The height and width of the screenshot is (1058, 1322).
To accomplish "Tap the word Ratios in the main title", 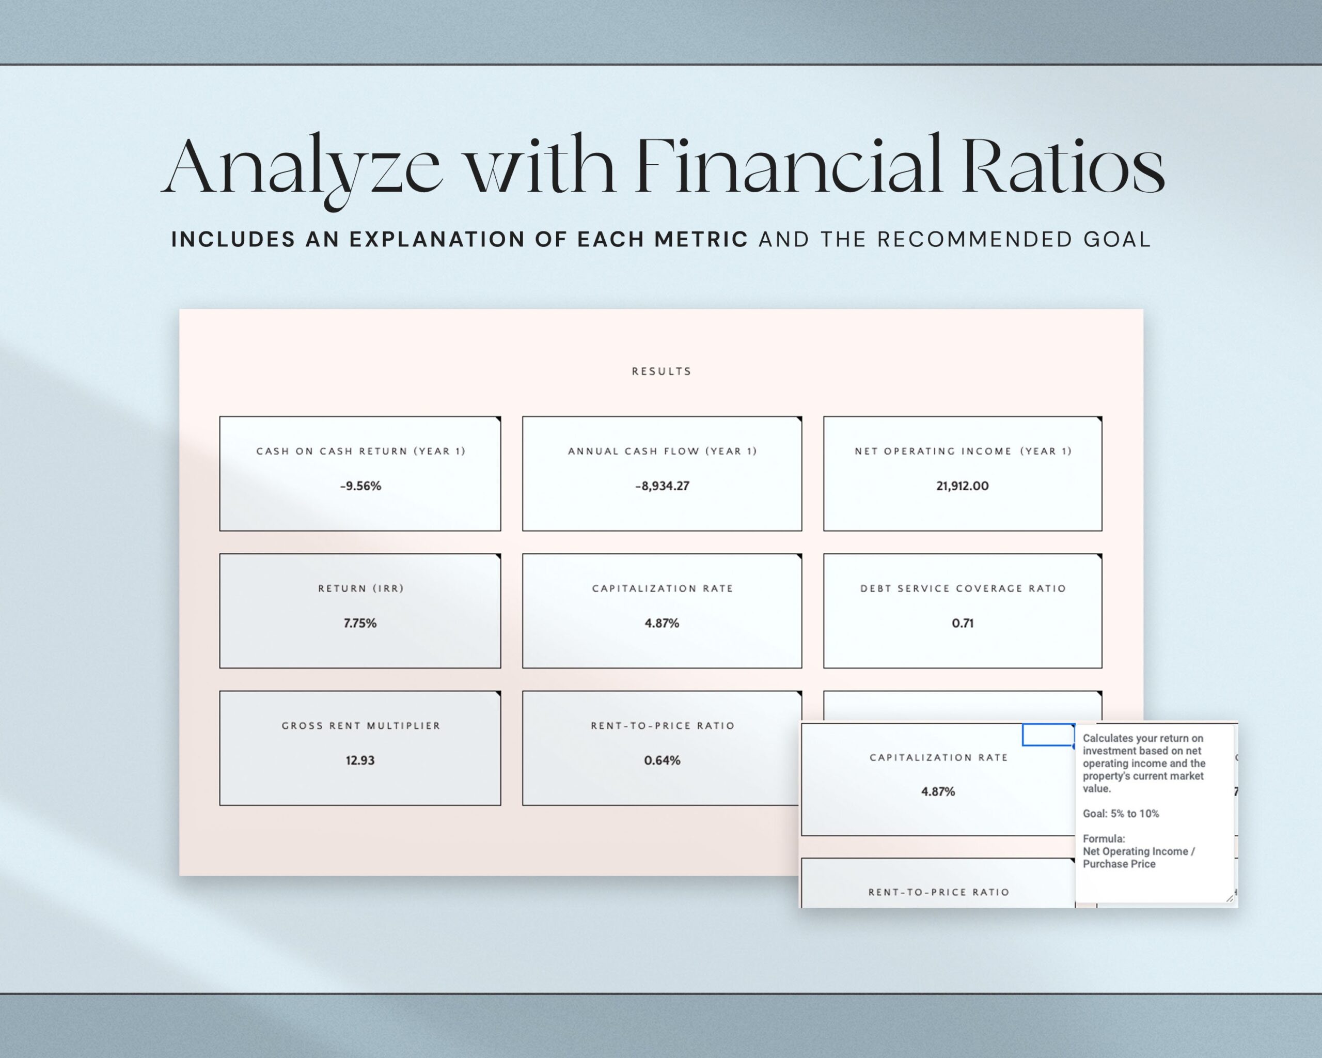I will (x=1063, y=167).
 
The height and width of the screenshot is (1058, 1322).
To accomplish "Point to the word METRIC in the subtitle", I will (x=701, y=239).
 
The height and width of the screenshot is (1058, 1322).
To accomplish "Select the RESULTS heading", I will (x=662, y=371).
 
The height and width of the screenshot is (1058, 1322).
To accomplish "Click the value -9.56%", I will (x=360, y=486).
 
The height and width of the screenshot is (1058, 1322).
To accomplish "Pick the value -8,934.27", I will (x=662, y=486).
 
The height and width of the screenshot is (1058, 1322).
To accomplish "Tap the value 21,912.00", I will (x=962, y=486).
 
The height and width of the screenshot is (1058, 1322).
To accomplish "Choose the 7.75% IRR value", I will (x=360, y=623).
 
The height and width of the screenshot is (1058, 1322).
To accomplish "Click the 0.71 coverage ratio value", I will (x=962, y=623).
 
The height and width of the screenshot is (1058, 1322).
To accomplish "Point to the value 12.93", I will (x=360, y=760).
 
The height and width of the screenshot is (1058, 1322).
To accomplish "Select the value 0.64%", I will (x=662, y=760).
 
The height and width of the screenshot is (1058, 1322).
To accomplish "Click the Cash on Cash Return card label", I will (x=360, y=452).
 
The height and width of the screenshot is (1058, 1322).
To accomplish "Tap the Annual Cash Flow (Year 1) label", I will (x=662, y=452).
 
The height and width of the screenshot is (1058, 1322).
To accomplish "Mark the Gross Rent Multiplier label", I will (x=360, y=726).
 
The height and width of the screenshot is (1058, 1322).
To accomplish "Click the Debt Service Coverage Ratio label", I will (x=963, y=588).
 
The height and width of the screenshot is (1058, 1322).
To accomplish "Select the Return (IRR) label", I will (x=360, y=588).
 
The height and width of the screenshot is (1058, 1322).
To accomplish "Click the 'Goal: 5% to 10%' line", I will (x=1120, y=813).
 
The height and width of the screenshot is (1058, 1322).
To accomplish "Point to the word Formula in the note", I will (x=1103, y=838).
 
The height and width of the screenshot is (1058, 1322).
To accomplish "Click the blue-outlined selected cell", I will (x=1047, y=735).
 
